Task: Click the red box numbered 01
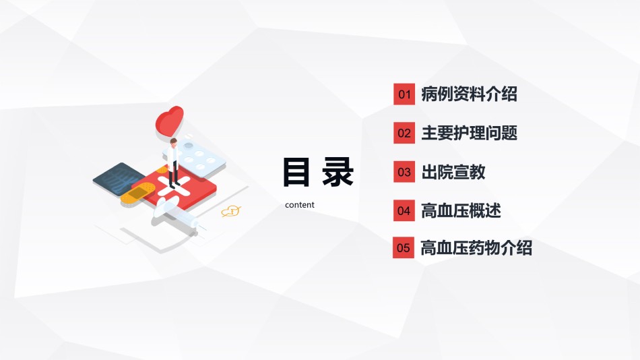[404, 94]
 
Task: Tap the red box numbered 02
[404, 133]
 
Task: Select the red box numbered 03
[404, 172]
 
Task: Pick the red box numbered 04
[404, 210]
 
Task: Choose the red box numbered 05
[404, 247]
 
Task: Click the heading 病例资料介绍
[469, 94]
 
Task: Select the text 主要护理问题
[470, 133]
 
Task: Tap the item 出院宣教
[453, 172]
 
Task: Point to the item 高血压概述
[461, 210]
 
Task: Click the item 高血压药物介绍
[476, 247]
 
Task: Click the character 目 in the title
[296, 172]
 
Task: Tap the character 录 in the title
[338, 172]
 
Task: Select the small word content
[300, 205]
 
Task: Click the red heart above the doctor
[169, 121]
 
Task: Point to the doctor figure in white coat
[173, 163]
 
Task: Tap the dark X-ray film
[114, 179]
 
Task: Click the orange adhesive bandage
[137, 193]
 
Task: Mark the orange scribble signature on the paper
[231, 211]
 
